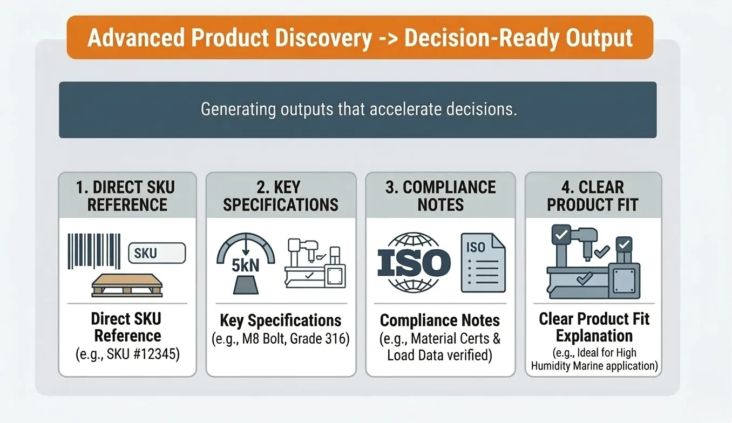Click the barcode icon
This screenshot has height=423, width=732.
click(x=94, y=251)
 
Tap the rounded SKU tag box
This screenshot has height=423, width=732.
click(x=157, y=253)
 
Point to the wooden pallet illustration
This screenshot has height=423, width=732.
click(x=127, y=285)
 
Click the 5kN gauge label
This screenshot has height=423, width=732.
click(x=246, y=265)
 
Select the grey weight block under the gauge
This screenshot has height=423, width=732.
click(x=246, y=285)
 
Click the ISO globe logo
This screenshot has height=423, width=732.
click(x=414, y=262)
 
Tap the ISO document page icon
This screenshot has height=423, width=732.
click(x=483, y=263)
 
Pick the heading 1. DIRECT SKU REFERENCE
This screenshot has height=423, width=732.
click(x=126, y=196)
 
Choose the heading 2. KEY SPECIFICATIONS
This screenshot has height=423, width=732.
click(x=281, y=196)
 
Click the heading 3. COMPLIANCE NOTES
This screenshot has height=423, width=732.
click(x=440, y=196)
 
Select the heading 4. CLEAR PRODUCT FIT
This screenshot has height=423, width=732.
click(x=593, y=196)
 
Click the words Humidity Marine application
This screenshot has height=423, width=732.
click(x=594, y=366)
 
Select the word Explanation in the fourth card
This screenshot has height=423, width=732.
click(x=594, y=336)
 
